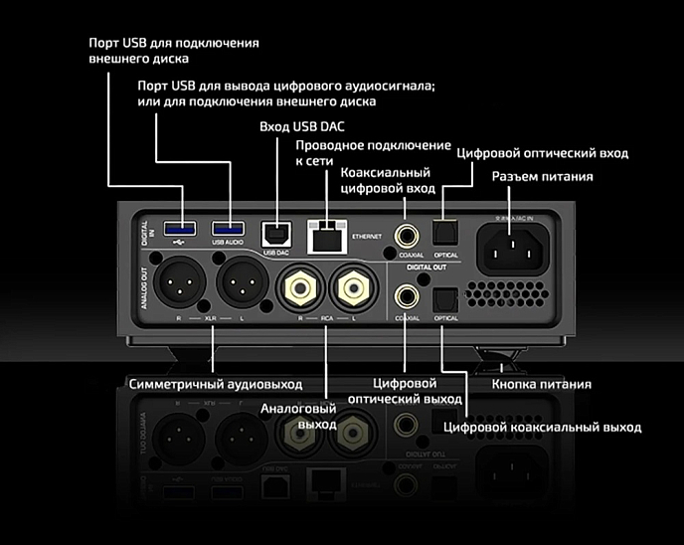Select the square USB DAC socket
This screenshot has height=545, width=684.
click(x=274, y=232)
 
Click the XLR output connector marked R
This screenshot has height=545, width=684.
click(x=179, y=287)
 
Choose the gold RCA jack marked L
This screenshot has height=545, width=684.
click(x=355, y=288)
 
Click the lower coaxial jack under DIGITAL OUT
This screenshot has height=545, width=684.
click(x=405, y=295)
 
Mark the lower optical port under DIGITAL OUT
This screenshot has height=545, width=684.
click(x=444, y=297)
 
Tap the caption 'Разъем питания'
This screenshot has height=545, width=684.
click(x=543, y=177)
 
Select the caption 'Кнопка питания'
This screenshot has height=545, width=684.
click(x=543, y=384)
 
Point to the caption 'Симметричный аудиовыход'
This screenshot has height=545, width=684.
click(x=215, y=384)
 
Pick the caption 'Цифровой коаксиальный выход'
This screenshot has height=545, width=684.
click(x=542, y=427)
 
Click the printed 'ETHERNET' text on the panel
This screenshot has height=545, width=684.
click(x=368, y=237)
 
